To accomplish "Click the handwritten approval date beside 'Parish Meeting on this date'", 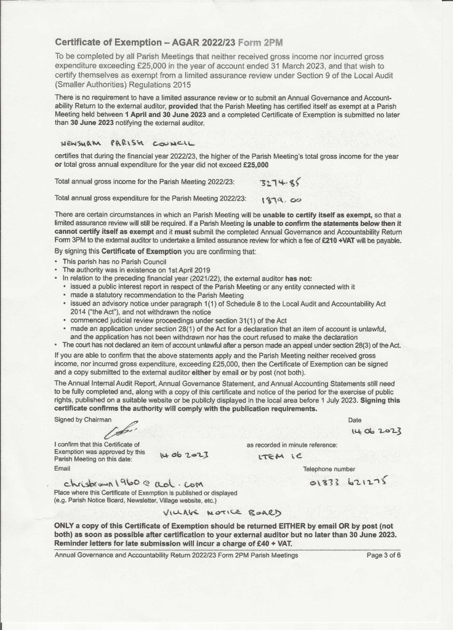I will pos(182,456).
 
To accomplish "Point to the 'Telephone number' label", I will pos(343,468).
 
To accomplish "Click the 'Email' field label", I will pos(62,468).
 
